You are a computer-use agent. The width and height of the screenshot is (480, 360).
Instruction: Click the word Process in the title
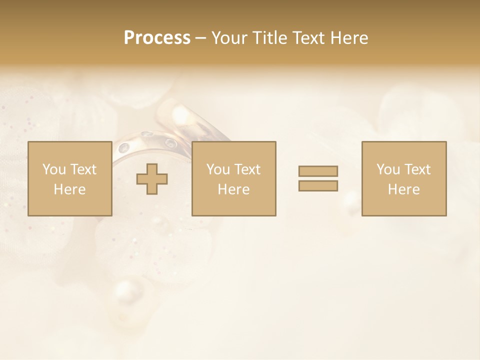coord(157,38)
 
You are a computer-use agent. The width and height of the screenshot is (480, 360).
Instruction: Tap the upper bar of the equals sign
coord(318,171)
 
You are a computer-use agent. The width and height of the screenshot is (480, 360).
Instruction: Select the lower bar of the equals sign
coord(318,185)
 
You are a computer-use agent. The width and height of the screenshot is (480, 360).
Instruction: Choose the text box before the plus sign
coord(69,178)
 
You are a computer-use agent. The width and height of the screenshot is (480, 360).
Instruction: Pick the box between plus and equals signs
coord(233,178)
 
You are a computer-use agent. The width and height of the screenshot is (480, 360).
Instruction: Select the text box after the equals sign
coord(403,178)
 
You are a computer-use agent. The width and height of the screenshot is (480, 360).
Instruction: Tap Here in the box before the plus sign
coord(69,189)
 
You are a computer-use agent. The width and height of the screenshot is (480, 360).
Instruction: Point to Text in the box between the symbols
coord(247,169)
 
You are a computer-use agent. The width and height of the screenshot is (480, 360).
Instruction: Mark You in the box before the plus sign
coord(53,169)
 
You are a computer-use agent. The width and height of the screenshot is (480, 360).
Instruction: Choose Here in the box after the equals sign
coord(403,189)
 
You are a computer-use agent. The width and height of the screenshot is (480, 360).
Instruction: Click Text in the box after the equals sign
coord(417,169)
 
